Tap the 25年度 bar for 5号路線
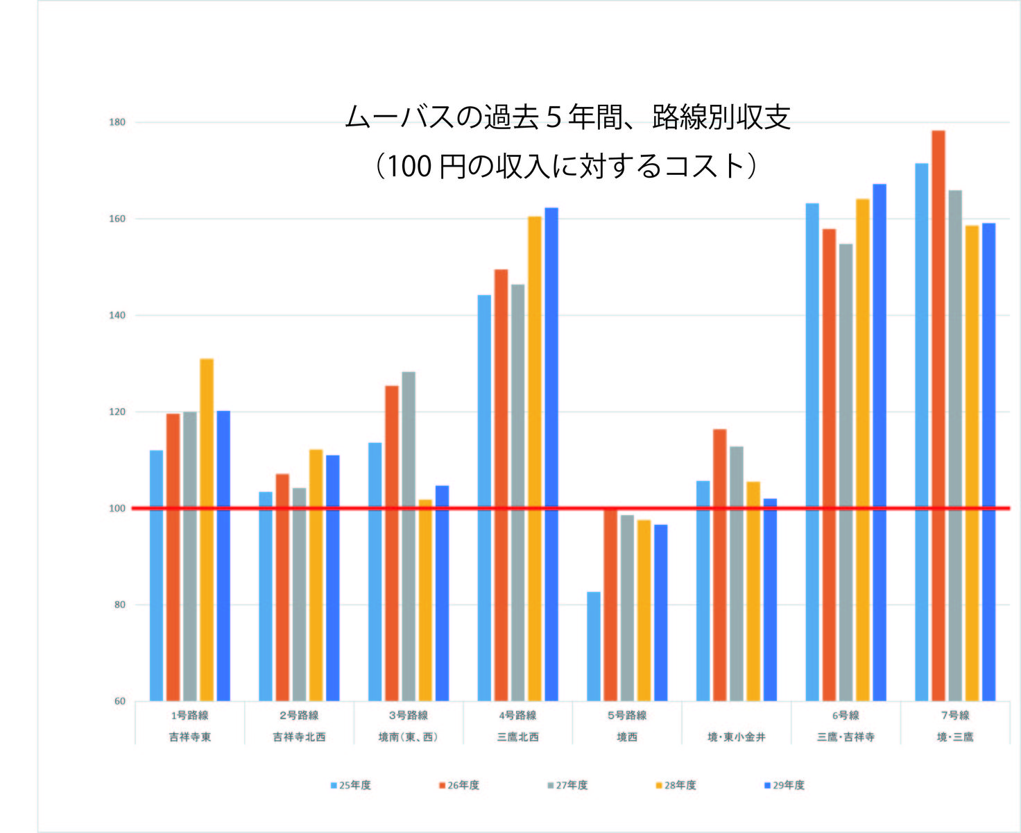tap(594, 646)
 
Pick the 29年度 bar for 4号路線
tap(551, 454)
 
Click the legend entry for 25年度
tap(351, 785)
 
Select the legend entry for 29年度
tap(784, 785)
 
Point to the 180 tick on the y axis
tap(117, 123)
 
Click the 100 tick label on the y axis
tap(117, 509)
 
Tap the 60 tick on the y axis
tap(119, 701)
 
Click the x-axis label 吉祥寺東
tap(189, 737)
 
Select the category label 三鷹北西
tap(517, 737)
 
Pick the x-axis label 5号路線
tap(627, 716)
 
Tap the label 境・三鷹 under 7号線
tap(955, 737)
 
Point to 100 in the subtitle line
tap(409, 167)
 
